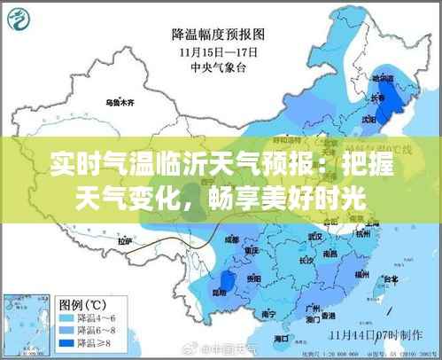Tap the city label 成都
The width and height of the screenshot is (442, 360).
[x=231, y=239]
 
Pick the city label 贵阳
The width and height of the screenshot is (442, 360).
[x=255, y=278]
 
